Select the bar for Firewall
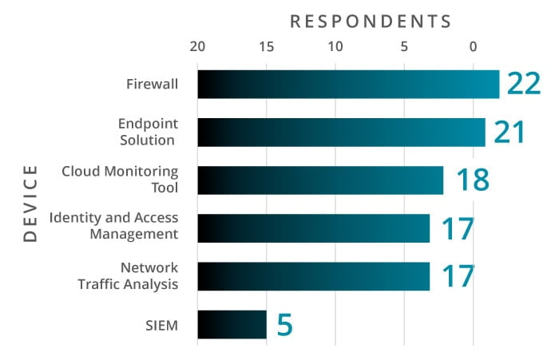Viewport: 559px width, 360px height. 347,85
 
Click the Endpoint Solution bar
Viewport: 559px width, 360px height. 341,133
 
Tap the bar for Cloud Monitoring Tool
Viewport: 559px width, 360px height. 319,180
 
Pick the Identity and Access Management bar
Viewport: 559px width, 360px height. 313,228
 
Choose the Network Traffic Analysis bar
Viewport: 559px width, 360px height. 313,276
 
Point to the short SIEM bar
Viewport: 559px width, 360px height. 232,324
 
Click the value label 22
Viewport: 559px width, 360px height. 525,84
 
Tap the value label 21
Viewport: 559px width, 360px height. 510,132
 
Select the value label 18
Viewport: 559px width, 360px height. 472,180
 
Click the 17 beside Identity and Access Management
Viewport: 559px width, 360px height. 458,228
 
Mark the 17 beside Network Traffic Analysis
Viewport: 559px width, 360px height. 458,276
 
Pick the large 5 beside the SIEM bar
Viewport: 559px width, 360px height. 285,325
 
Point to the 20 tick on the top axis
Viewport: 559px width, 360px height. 197,46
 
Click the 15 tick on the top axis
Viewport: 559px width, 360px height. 266,46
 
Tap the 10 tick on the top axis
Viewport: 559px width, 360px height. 335,46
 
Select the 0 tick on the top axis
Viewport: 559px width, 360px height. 474,46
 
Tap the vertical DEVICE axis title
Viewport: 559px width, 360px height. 30,204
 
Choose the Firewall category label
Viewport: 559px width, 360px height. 152,84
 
